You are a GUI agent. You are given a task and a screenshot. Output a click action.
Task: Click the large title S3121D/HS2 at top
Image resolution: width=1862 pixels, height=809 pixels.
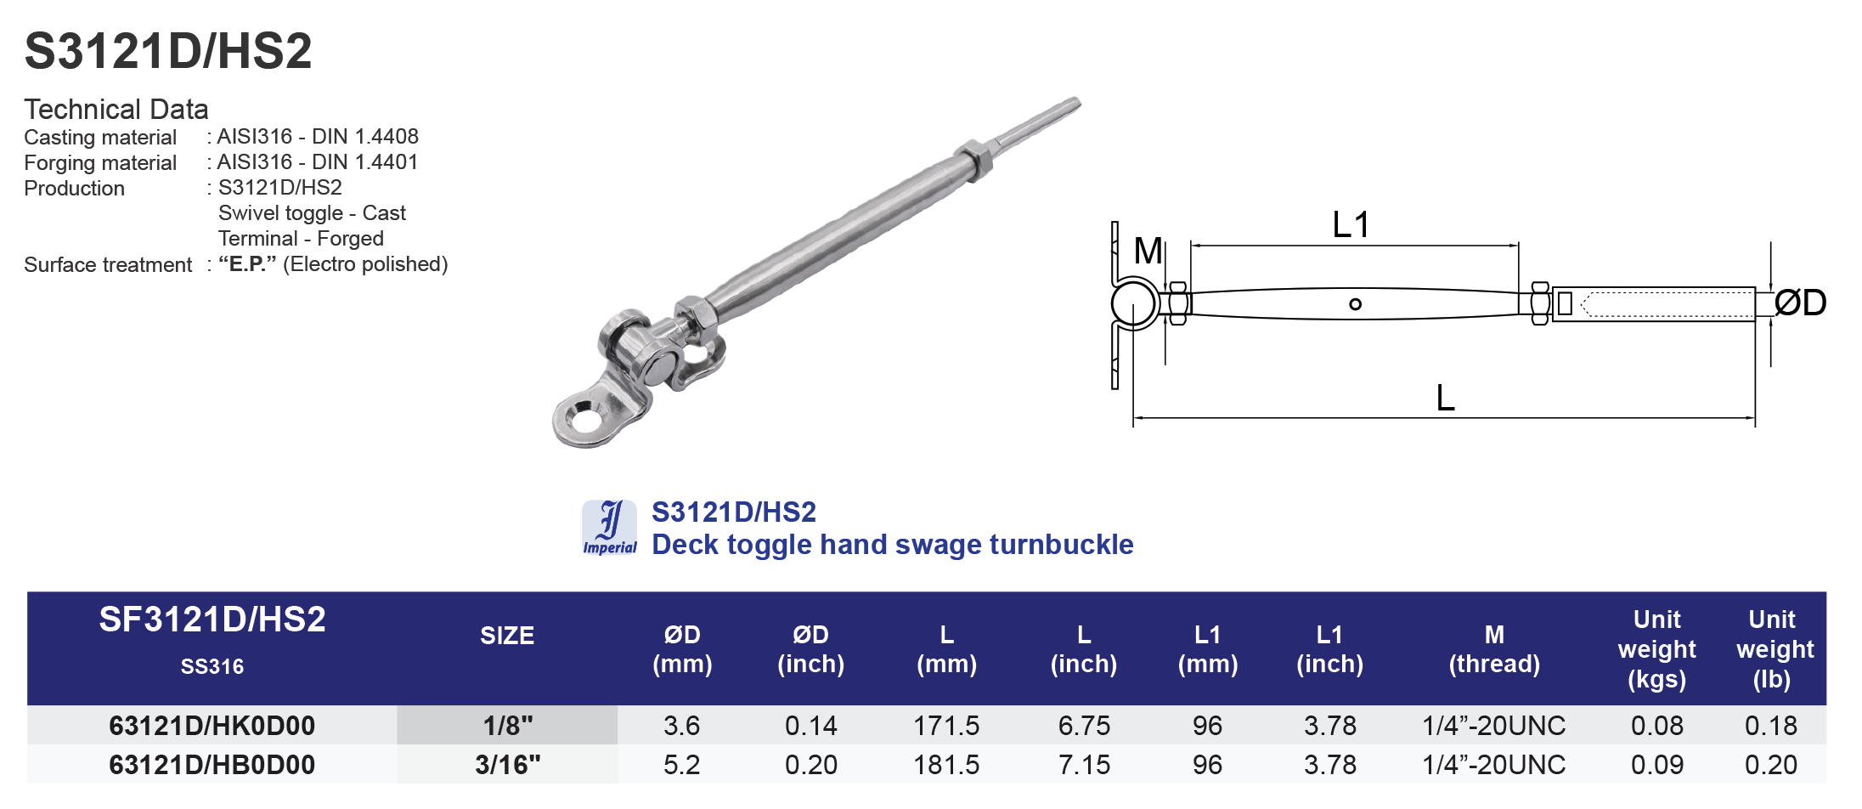click(x=168, y=51)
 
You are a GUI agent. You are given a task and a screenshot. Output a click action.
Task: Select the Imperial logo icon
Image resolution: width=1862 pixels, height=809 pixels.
click(x=609, y=528)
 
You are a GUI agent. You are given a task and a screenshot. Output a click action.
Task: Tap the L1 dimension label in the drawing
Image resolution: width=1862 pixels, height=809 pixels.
click(x=1351, y=225)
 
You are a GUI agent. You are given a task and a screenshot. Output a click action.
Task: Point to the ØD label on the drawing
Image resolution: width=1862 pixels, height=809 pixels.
click(x=1800, y=303)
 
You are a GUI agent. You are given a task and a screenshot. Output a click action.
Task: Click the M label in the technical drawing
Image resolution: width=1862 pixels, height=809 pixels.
click(x=1148, y=251)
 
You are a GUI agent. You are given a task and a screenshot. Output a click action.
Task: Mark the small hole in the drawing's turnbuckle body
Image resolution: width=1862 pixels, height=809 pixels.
click(x=1355, y=304)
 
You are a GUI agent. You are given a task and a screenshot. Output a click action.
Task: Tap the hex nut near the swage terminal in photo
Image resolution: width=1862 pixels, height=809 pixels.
click(x=973, y=159)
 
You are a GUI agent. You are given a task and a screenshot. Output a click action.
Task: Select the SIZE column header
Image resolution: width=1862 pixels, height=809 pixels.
click(x=507, y=636)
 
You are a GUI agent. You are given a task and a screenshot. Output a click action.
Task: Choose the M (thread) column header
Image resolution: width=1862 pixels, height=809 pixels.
click(x=1494, y=649)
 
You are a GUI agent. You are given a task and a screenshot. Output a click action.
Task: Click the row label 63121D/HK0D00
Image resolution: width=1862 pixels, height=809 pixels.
click(x=212, y=726)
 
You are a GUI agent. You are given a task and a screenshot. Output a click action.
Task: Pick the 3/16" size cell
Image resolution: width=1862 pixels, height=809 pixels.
click(x=507, y=765)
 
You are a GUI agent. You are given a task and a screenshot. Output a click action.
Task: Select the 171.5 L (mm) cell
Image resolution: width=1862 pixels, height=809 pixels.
click(x=946, y=726)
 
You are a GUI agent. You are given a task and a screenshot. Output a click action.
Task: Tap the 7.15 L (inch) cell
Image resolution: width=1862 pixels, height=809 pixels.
click(x=1084, y=765)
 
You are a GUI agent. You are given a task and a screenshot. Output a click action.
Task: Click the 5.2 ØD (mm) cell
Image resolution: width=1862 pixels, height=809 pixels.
click(x=681, y=765)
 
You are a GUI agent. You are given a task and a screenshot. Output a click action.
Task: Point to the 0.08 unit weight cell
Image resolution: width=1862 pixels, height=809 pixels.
click(x=1656, y=726)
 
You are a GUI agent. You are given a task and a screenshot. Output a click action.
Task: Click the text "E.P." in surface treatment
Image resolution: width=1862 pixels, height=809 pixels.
click(x=247, y=264)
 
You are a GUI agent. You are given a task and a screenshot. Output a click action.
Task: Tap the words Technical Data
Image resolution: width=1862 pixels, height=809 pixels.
click(x=116, y=110)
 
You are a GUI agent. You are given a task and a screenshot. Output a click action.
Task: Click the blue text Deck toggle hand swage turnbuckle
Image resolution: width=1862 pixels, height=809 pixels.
click(x=892, y=545)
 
